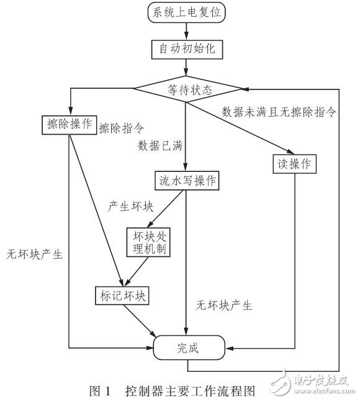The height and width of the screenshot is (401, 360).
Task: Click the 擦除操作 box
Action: [69, 124]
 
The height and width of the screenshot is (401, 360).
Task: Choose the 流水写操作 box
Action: [186, 180]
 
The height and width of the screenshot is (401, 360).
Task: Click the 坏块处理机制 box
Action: [148, 242]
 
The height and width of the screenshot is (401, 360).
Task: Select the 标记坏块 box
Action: [121, 295]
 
